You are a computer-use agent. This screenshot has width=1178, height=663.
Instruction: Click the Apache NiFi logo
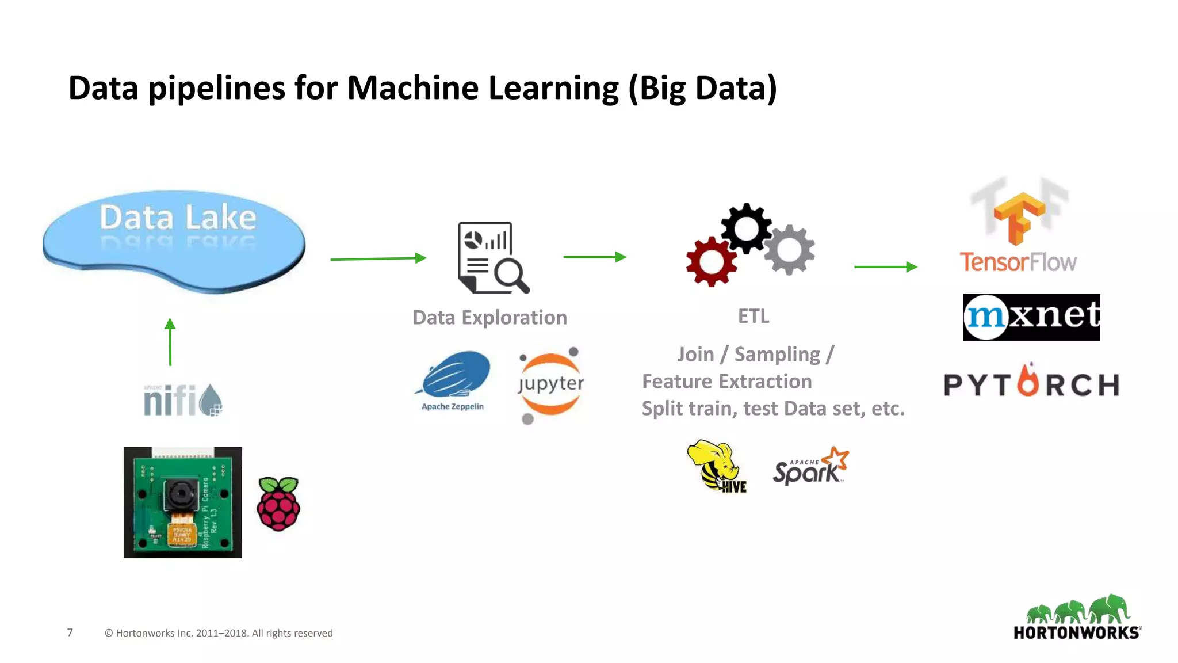[182, 400]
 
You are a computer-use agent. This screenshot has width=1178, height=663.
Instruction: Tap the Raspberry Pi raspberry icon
[278, 504]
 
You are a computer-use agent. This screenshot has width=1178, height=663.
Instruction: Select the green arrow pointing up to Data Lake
[170, 342]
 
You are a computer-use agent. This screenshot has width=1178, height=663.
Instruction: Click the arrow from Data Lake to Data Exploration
[378, 258]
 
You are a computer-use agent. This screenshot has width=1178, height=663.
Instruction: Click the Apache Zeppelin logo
[454, 380]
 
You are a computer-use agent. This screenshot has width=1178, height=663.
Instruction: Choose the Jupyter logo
[550, 384]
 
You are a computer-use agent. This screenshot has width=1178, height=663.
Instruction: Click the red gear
[712, 262]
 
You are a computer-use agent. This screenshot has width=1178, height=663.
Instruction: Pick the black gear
[746, 228]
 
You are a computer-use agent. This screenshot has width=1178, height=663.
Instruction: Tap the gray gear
[789, 250]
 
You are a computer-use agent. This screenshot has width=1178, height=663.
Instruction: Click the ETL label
[754, 316]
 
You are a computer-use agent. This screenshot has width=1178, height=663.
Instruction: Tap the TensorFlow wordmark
[1018, 262]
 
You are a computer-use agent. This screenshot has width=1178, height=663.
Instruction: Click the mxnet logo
[1031, 317]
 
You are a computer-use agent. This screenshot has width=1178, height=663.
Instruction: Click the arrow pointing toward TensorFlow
[885, 266]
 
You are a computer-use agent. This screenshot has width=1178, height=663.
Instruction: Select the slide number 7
[70, 632]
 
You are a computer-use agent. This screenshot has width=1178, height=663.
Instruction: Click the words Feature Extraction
[726, 381]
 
